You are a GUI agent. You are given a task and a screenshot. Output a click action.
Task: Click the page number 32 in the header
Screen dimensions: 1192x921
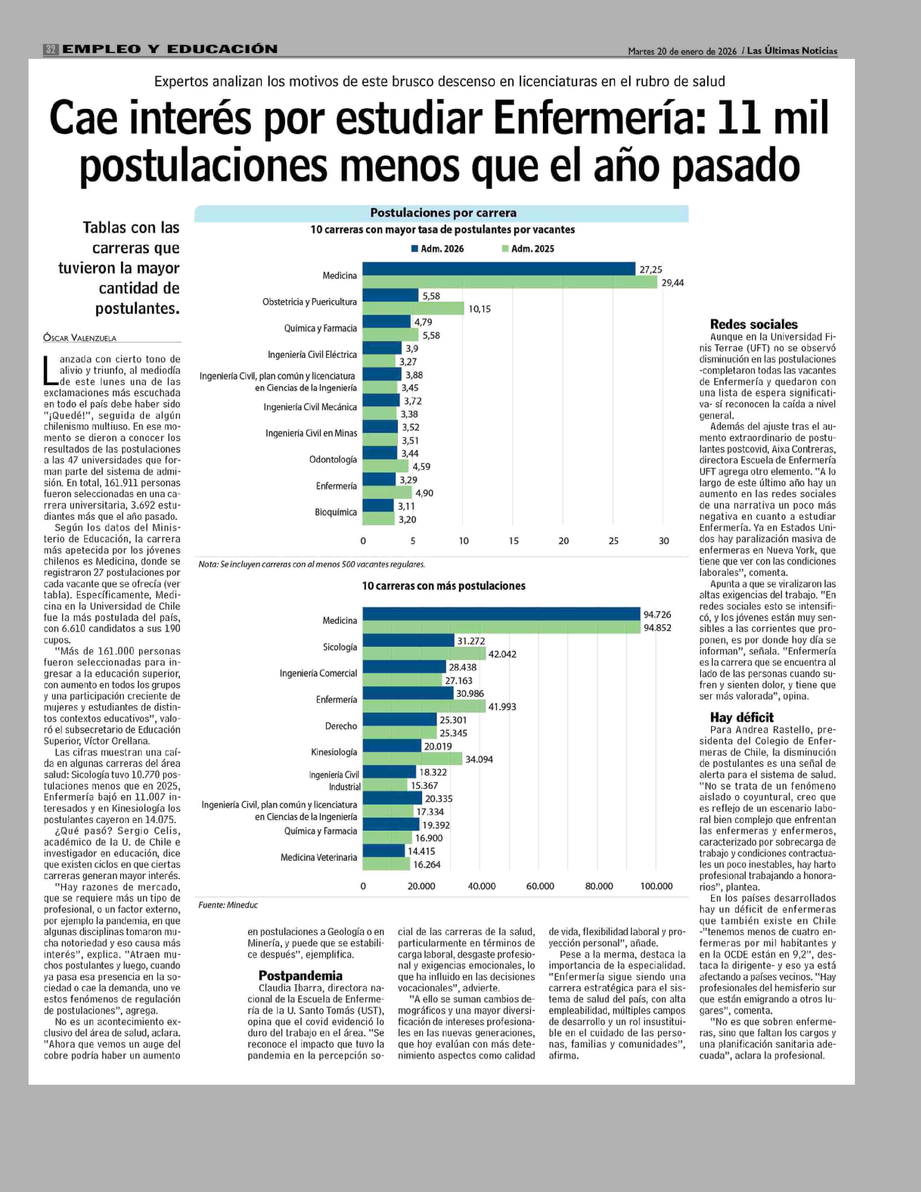51,49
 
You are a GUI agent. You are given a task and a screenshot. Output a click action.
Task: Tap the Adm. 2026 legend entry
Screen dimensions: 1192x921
438,249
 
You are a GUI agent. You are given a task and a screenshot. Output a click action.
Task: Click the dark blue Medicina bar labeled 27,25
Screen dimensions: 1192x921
499,268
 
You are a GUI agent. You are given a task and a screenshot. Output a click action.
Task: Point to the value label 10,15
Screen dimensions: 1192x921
480,309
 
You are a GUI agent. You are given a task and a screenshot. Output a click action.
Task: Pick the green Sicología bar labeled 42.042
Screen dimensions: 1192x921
424,653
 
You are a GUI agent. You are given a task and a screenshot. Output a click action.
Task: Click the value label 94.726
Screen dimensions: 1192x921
657,614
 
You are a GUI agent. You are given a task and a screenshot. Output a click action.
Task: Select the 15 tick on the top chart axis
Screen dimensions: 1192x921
514,541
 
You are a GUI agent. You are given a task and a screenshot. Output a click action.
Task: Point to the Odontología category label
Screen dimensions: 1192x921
333,459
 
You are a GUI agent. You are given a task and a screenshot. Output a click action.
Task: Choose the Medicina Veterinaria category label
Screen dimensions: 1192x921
319,858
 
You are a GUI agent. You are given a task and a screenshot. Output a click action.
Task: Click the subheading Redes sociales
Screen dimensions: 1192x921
753,324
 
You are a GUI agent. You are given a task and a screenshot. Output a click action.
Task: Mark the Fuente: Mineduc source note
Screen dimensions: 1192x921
228,905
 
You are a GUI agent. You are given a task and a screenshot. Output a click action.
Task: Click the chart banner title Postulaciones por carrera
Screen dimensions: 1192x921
443,213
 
